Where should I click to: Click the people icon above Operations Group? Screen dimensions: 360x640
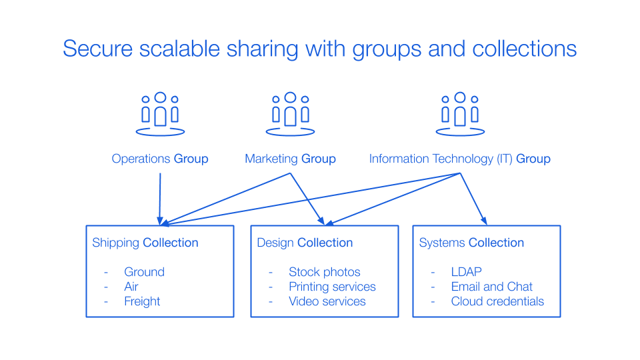tap(160, 114)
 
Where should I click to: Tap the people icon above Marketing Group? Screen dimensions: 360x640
tap(290, 114)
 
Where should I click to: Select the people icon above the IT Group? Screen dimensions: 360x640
tap(460, 114)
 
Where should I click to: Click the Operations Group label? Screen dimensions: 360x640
tap(160, 159)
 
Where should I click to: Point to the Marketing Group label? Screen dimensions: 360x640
tap(290, 159)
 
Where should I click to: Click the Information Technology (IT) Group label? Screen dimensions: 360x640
tap(460, 159)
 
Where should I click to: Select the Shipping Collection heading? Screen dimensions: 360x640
tap(145, 243)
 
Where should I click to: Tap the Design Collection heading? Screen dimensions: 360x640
tap(305, 243)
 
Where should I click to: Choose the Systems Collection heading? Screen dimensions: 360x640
tap(471, 243)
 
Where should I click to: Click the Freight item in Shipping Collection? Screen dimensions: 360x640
tap(142, 301)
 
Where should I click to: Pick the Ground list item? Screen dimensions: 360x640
tap(144, 272)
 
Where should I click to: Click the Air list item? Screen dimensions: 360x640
tap(131, 287)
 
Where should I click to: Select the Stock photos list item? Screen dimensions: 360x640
tap(325, 272)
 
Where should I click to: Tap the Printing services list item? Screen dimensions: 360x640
tap(332, 287)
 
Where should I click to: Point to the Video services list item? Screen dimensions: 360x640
tap(327, 301)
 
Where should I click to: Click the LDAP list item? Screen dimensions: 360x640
tap(466, 272)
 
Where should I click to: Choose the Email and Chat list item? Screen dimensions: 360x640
tap(492, 287)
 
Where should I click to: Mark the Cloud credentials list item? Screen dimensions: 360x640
tap(497, 301)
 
